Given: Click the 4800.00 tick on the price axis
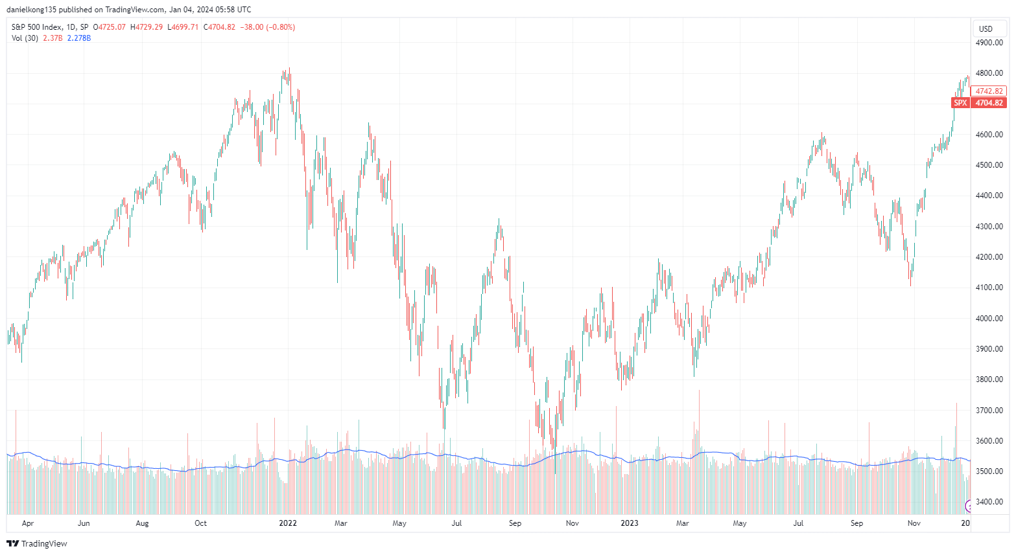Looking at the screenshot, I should click(989, 73).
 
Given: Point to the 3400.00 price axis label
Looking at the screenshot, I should click(989, 502).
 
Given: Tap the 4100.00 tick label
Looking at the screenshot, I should click(989, 288).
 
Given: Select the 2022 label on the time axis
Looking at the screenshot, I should click(287, 523).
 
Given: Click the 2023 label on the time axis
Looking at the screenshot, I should click(629, 523).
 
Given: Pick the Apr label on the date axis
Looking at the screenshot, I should click(27, 523).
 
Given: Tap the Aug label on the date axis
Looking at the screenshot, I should click(142, 523).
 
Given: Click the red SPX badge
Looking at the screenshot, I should click(960, 103).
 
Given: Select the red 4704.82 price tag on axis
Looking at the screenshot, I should click(989, 103).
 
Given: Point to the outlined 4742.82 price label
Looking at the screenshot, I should click(989, 91).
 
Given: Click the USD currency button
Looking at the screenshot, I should click(986, 28).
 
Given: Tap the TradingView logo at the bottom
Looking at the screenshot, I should click(37, 543).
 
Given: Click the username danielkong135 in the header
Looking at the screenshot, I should click(32, 10).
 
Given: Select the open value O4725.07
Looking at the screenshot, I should click(110, 27).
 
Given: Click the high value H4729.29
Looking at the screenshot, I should click(147, 27).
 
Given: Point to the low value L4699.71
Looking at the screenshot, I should click(183, 27).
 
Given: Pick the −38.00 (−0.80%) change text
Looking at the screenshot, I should click(267, 27).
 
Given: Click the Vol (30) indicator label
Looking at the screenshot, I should click(25, 38).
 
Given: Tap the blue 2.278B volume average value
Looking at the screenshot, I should click(79, 38).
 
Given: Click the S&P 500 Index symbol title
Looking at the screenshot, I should click(37, 27).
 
